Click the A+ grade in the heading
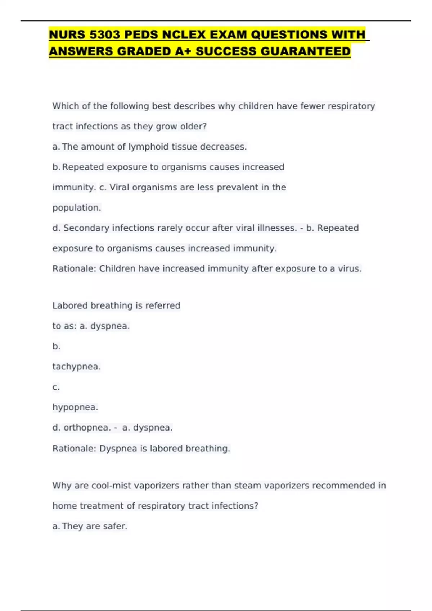pyautogui.click(x=183, y=51)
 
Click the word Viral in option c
pyautogui.click(x=119, y=187)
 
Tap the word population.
pyautogui.click(x=77, y=208)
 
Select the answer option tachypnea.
pyautogui.click(x=76, y=367)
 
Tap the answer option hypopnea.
pyautogui.click(x=75, y=407)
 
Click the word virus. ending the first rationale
pyautogui.click(x=350, y=268)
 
